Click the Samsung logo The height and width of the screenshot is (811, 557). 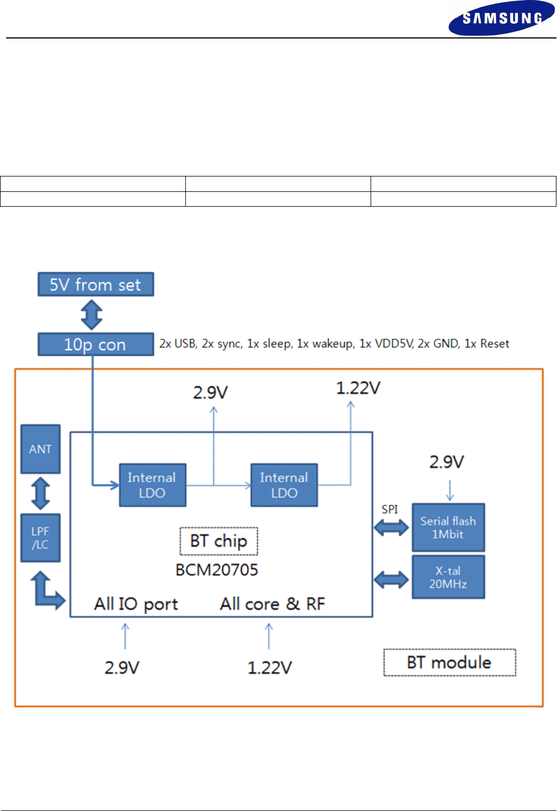(501, 18)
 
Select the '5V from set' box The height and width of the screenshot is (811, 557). (96, 284)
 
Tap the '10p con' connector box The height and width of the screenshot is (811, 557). (96, 344)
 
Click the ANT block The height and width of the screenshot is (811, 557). (40, 449)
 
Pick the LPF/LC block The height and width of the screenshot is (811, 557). (40, 538)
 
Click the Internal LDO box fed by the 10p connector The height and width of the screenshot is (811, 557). (152, 485)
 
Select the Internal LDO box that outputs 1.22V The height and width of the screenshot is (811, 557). (284, 485)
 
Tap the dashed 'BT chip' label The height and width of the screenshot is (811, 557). (219, 541)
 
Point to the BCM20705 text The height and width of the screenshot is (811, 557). (217, 570)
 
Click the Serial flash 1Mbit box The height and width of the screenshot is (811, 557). (448, 527)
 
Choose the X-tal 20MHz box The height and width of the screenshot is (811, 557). (448, 577)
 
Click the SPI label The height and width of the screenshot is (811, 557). (390, 509)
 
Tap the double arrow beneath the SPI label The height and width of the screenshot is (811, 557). (391, 527)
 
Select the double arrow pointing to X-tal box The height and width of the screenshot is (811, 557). (391, 580)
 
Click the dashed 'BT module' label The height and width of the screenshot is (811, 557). (449, 662)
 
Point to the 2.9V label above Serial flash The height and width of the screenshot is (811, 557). (446, 462)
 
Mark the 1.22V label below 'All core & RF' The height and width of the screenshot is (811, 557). (269, 667)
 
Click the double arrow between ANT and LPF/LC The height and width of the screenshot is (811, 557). (41, 494)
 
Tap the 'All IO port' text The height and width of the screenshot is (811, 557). (136, 604)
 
